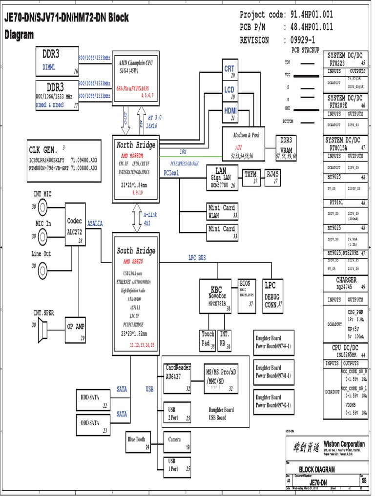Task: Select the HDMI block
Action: tap(230, 113)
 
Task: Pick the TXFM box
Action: tap(250, 177)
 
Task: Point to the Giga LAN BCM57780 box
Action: tap(221, 178)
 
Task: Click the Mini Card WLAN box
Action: tap(221, 211)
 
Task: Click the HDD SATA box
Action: tap(93, 401)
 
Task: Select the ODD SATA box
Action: tap(93, 426)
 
